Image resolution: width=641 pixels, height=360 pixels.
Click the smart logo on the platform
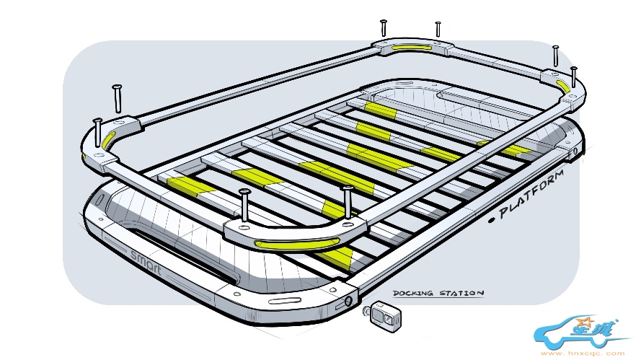[146, 262]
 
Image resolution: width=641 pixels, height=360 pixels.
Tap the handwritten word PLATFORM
[532, 194]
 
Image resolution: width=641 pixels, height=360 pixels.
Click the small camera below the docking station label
[382, 315]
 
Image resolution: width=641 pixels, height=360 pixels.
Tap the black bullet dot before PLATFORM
[492, 220]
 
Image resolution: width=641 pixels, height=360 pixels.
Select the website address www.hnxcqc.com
[583, 354]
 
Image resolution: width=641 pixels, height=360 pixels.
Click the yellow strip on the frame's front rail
[296, 245]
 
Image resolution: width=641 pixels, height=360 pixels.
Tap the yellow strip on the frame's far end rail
[412, 48]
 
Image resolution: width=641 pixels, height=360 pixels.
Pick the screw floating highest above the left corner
[117, 98]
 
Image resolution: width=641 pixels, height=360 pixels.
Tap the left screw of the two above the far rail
[384, 28]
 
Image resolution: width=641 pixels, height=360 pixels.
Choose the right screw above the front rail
[348, 203]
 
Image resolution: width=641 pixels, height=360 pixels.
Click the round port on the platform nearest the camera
[348, 302]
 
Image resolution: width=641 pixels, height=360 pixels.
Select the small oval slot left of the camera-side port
[284, 302]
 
